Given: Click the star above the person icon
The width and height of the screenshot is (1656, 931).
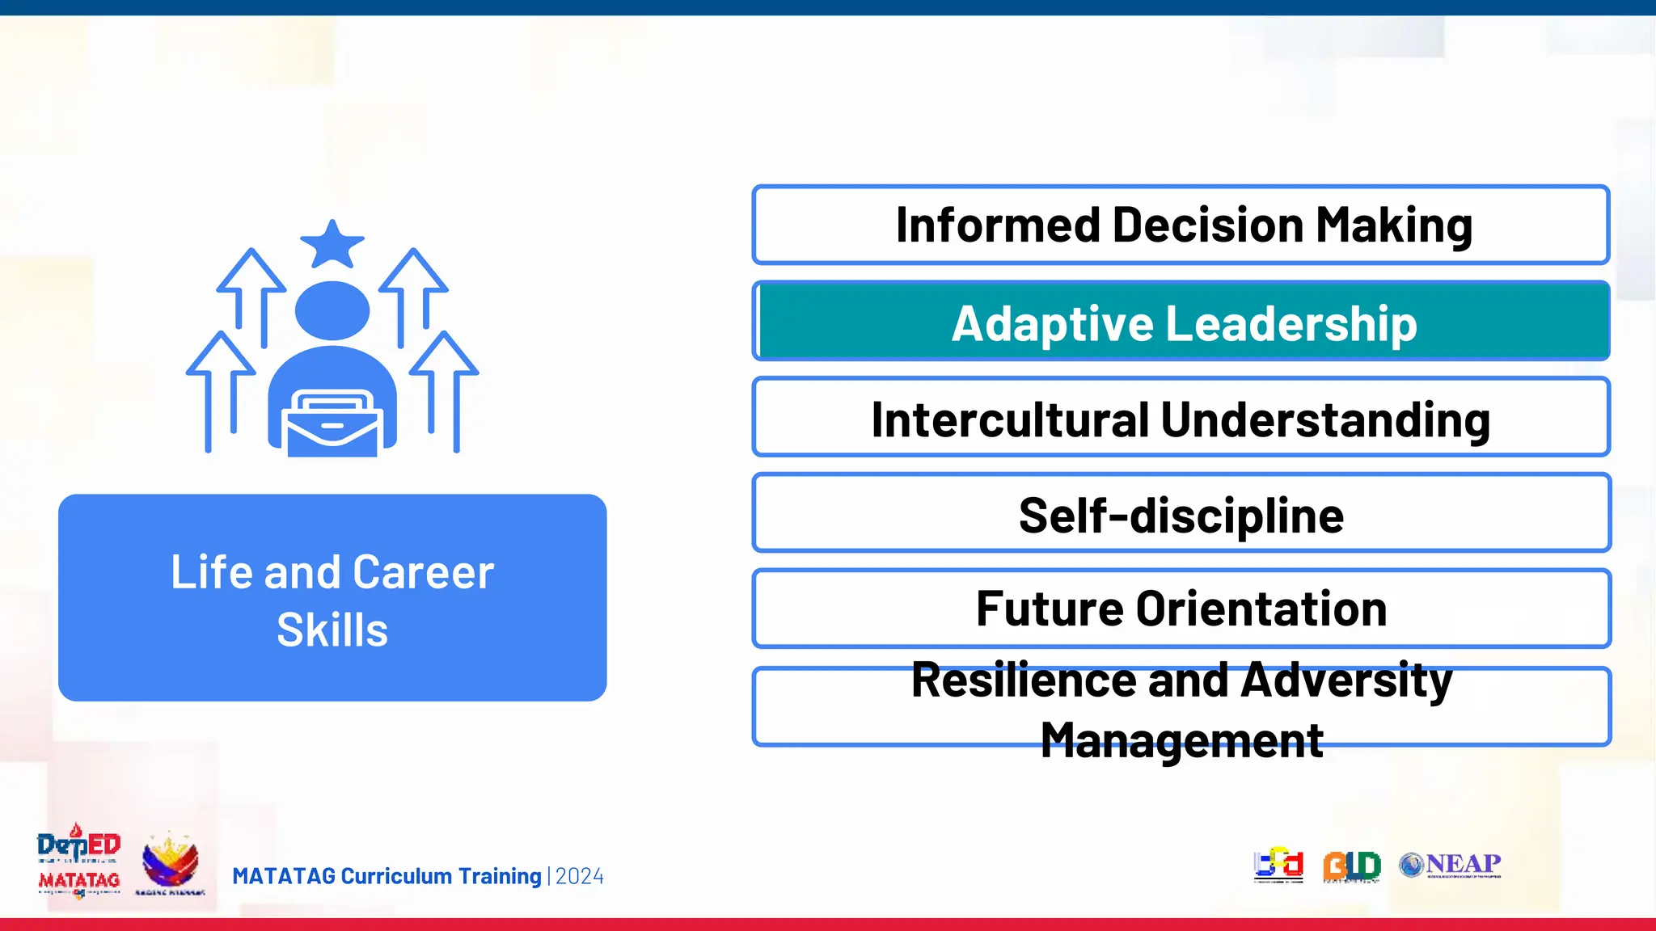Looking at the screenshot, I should [332, 244].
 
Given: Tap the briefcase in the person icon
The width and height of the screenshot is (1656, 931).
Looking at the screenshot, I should [332, 423].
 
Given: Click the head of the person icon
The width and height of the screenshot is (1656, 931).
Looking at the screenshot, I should [332, 310].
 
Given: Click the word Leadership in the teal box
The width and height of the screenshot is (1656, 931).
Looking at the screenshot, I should [1292, 324].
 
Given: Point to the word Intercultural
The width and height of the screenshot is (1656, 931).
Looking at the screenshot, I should [1010, 420].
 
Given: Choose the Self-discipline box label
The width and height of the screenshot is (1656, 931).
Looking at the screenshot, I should [1181, 516].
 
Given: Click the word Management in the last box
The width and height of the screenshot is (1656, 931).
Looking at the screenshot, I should [1181, 740].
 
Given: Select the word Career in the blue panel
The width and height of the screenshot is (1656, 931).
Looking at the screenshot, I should [423, 573].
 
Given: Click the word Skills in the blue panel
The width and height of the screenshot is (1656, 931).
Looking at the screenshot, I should [332, 630].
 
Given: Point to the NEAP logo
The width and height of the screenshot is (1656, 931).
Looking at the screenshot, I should [1450, 865].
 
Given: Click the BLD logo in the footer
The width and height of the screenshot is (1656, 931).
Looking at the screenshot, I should [1351, 866].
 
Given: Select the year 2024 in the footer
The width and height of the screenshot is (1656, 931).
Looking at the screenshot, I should [580, 877].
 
